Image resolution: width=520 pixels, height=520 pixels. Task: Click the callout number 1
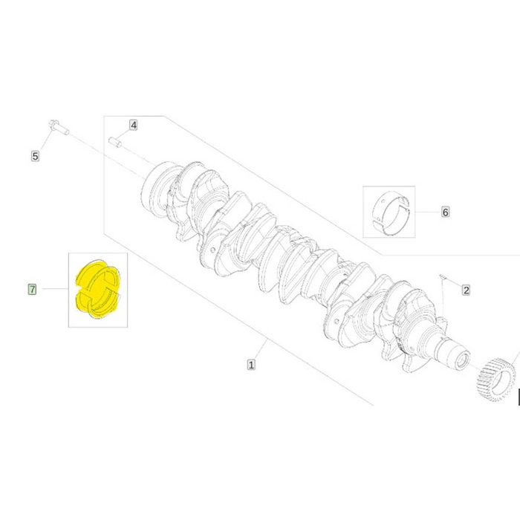tap(251, 365)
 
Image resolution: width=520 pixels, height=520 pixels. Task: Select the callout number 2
tap(466, 290)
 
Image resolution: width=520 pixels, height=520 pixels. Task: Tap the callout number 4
tap(133, 125)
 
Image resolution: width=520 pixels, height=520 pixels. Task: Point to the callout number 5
tap(35, 156)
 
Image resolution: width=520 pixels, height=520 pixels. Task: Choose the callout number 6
tap(446, 212)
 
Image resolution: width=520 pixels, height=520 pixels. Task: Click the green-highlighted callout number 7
tap(32, 289)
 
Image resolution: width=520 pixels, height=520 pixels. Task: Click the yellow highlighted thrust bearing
tap(98, 289)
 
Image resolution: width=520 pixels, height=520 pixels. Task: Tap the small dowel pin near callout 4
tap(115, 142)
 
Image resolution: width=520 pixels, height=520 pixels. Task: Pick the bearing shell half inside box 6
tap(391, 212)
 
